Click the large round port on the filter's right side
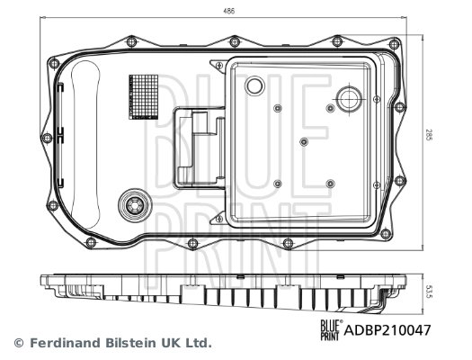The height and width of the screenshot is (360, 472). tap(347, 100)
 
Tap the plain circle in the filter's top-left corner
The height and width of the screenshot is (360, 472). tap(254, 86)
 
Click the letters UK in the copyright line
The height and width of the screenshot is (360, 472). tap(174, 343)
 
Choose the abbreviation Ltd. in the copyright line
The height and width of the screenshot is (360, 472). tap(200, 343)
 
